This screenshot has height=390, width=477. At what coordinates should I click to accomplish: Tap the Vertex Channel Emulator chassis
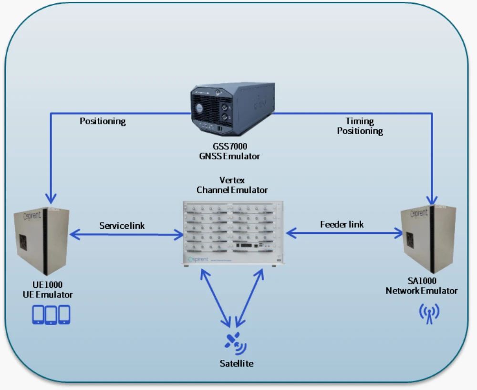232,233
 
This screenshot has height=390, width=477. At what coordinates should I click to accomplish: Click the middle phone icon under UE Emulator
51,315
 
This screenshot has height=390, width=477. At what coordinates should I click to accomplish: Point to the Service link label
122,225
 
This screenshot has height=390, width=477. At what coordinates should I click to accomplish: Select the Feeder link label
342,224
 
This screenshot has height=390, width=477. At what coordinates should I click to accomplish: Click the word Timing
360,121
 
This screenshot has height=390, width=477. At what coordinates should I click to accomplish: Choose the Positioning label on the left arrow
103,121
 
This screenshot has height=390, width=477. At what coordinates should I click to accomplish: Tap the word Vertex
232,180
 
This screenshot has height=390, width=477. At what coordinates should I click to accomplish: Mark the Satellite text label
237,364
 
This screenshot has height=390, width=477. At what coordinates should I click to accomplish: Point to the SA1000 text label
428,281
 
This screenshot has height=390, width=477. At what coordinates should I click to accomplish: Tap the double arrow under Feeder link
344,233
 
